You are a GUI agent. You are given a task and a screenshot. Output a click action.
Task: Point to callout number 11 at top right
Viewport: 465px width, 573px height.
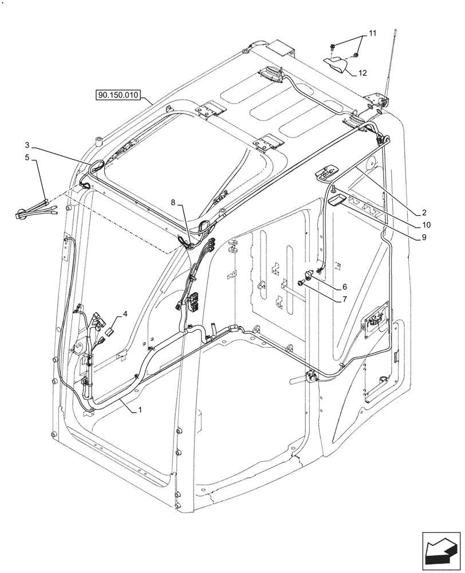click(372, 35)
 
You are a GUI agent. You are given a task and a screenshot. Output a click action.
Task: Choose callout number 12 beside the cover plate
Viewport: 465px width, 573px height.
click(362, 73)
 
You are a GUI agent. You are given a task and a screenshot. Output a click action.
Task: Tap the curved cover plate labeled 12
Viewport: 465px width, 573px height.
click(338, 65)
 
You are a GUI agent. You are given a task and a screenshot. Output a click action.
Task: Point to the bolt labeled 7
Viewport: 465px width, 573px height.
click(301, 282)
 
